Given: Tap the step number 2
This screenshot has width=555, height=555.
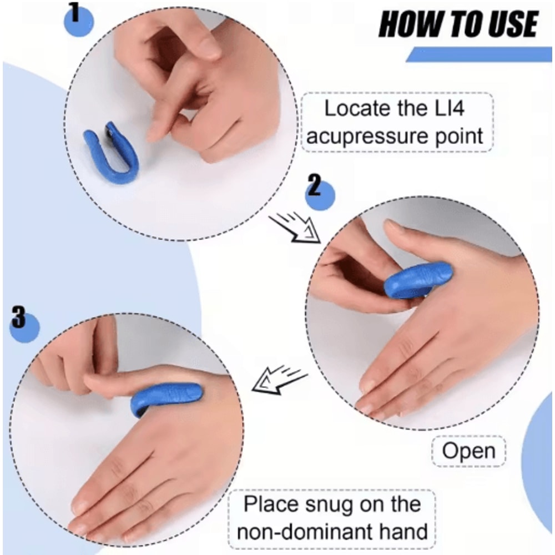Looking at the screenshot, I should point(314,187).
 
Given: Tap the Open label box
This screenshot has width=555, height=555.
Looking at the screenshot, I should point(468,451).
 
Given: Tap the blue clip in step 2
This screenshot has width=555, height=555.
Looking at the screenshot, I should point(417,280).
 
